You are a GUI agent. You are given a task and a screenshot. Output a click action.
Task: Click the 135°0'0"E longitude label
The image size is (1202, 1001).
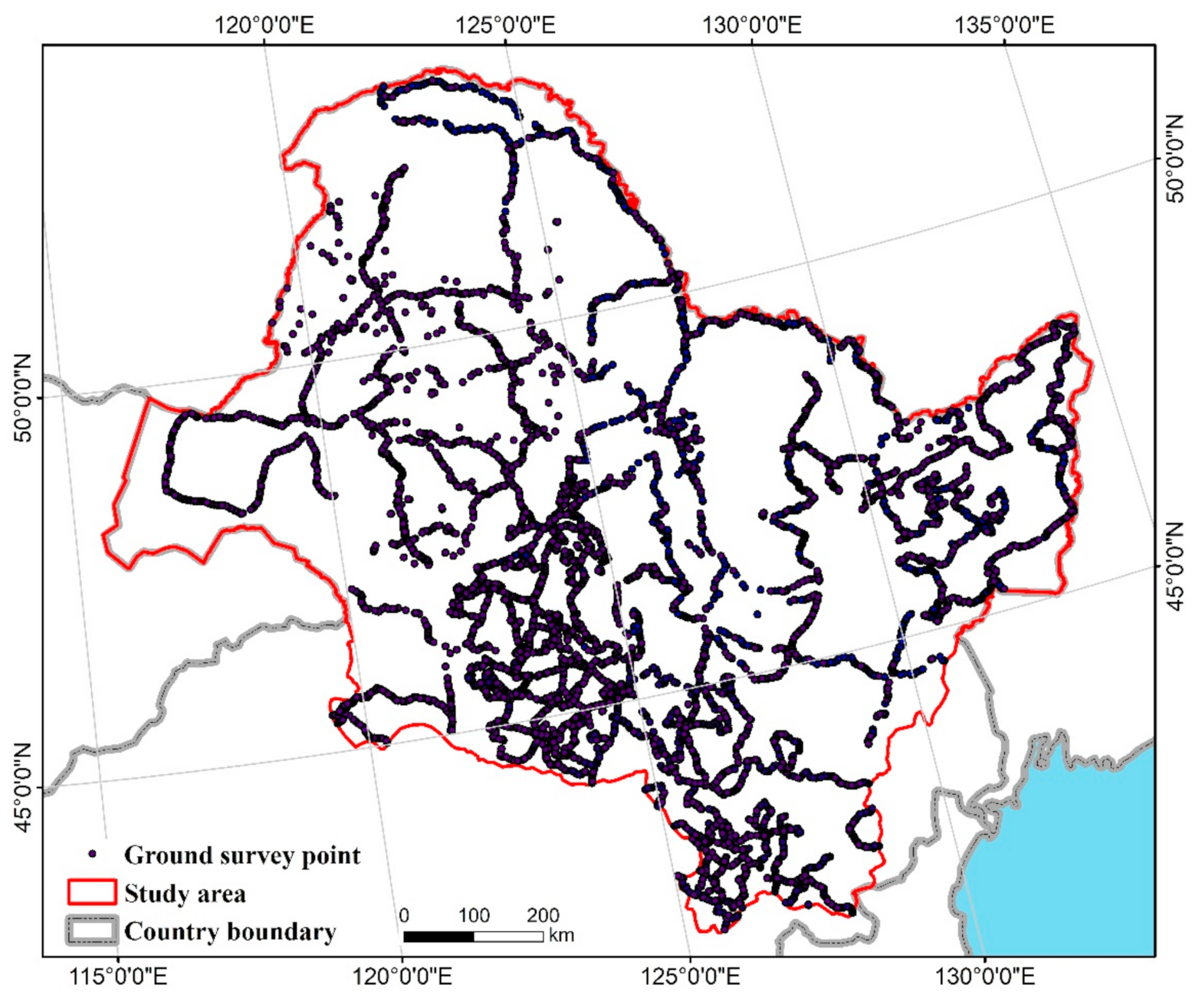pos(1003,25)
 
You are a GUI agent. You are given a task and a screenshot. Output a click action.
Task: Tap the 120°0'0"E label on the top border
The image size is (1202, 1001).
pos(264,25)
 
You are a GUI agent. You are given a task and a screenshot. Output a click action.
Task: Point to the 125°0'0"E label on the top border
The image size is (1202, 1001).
pos(505,25)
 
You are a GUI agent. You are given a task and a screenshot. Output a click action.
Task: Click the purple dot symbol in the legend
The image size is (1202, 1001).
pos(93,854)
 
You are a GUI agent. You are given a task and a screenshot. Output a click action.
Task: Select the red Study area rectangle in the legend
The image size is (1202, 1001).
pos(92,893)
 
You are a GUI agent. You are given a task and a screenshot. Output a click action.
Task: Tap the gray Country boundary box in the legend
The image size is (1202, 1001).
pos(92,930)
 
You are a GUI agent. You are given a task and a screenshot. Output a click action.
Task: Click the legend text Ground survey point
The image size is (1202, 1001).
pos(242,855)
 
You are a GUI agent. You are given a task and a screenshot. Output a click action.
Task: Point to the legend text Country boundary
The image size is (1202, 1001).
pos(230,931)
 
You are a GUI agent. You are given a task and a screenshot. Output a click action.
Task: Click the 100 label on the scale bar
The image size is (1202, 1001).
pos(474,915)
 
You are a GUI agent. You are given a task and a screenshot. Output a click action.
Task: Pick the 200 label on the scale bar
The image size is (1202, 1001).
pos(543,915)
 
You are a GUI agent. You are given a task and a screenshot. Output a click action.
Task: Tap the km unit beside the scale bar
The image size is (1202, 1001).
pos(561,936)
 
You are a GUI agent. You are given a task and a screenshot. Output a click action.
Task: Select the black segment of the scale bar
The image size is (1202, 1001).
pos(438,937)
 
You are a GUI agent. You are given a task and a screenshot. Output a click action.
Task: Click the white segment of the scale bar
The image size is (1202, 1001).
pos(508,937)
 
